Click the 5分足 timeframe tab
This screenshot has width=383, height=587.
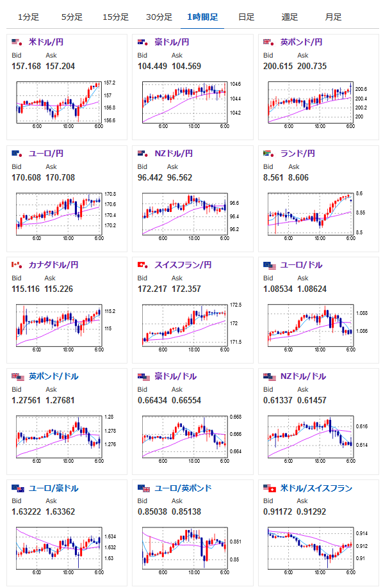tap(72, 17)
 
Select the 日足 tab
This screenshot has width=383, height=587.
tap(247, 17)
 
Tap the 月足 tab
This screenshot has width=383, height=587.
tap(333, 17)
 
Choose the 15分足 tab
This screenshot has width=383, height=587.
tap(116, 17)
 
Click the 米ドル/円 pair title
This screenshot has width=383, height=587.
tap(46, 42)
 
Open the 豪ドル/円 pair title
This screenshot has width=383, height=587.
tap(172, 42)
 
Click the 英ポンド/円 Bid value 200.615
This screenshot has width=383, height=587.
tap(278, 67)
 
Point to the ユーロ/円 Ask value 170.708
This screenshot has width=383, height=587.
tap(60, 177)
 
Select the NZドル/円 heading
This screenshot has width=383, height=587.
tap(174, 154)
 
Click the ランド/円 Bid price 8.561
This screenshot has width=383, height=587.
tap(273, 177)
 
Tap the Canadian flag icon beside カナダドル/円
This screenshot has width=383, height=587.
tap(17, 265)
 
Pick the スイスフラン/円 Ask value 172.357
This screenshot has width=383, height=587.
tap(186, 289)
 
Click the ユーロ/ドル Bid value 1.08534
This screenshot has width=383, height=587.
tap(278, 289)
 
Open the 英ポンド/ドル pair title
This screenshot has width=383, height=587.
tap(54, 376)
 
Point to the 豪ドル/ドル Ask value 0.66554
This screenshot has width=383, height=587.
tap(186, 400)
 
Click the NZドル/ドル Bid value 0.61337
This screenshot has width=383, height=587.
tap(278, 400)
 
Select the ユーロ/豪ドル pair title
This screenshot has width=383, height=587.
tap(54, 488)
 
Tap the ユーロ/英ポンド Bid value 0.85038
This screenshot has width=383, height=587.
tap(152, 511)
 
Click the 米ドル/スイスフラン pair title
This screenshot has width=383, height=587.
tap(316, 488)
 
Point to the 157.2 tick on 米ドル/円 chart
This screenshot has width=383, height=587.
tap(110, 83)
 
